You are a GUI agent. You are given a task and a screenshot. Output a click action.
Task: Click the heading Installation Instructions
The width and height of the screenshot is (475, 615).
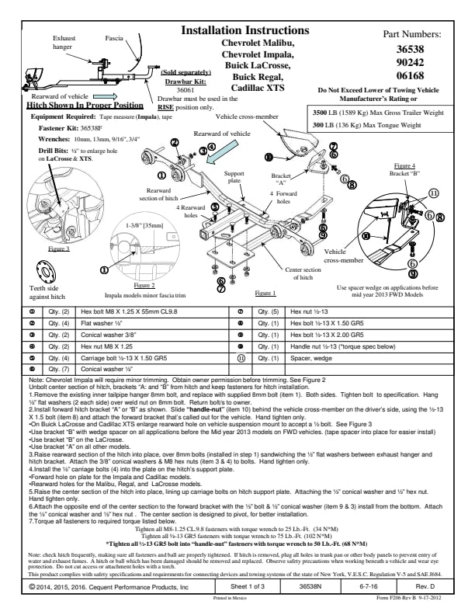coord(244,30)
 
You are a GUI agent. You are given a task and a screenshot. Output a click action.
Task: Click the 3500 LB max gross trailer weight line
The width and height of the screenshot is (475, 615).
coord(377,113)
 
